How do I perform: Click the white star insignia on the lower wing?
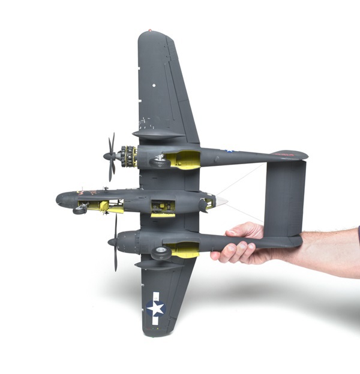point(156,308)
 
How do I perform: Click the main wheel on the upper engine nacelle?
point(160,161)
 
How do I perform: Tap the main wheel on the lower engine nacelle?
point(162,253)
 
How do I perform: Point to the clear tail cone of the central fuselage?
point(221,201)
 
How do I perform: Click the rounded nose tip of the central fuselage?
point(59,200)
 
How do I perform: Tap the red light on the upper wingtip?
point(150,31)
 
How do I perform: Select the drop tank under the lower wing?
point(157,264)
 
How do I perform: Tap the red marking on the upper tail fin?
point(287,154)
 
